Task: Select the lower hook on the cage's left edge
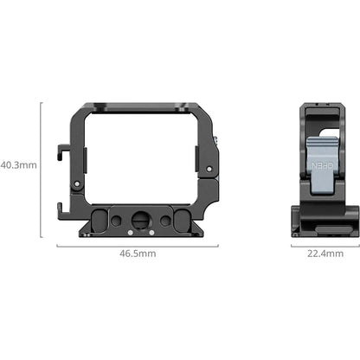(x=61, y=206)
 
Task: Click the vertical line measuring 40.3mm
(x=42, y=164)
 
